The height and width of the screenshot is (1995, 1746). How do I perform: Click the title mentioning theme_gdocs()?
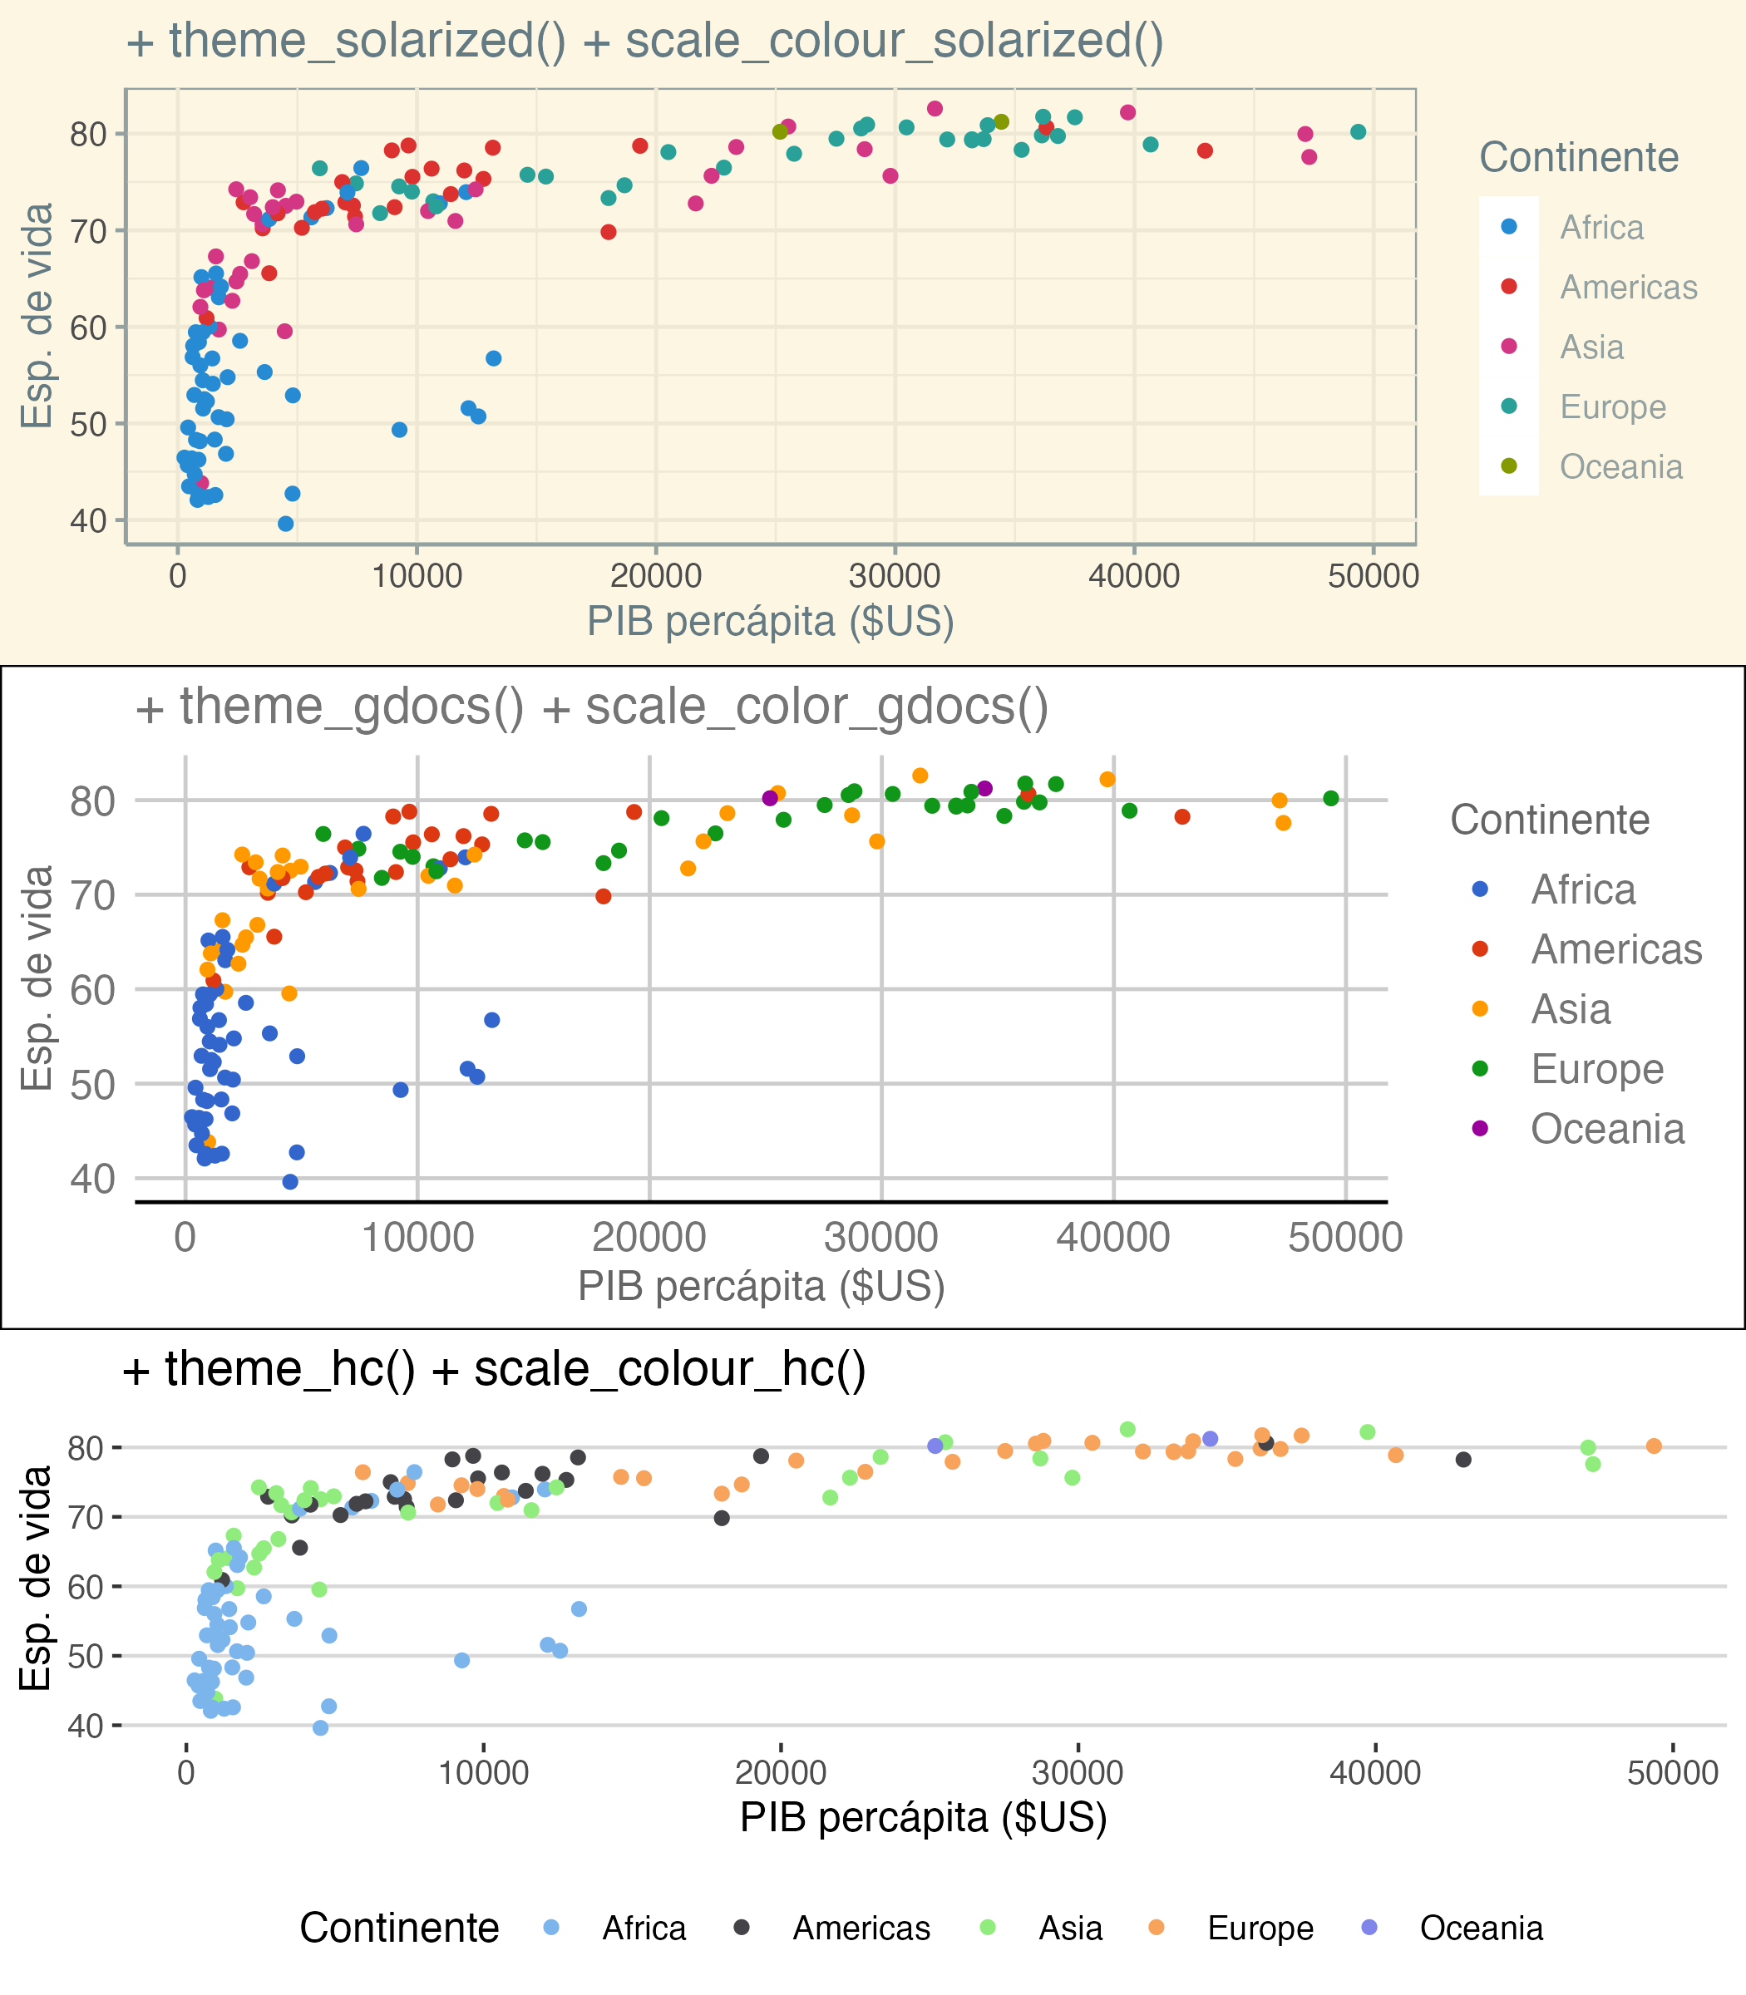click(x=590, y=707)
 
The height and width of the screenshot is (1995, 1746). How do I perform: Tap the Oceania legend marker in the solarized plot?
click(x=1509, y=466)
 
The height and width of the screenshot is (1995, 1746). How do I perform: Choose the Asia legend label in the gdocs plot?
click(x=1571, y=1009)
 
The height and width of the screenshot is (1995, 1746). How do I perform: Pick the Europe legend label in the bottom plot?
click(x=1260, y=1928)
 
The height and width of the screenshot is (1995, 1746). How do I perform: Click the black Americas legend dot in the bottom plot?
click(x=742, y=1927)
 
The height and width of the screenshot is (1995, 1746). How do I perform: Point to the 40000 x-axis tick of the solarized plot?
click(x=1133, y=576)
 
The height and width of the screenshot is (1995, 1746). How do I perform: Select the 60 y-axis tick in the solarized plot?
click(x=87, y=328)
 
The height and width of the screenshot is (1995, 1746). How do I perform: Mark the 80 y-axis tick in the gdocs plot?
click(x=92, y=800)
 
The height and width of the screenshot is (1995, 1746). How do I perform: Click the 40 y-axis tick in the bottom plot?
click(x=86, y=1725)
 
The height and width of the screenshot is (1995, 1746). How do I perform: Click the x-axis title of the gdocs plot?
click(x=761, y=1286)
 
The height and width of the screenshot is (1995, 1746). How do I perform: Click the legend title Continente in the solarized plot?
click(x=1578, y=158)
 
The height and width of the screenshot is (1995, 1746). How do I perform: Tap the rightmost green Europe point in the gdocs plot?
click(x=1331, y=799)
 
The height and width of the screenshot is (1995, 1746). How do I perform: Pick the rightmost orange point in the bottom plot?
click(x=1654, y=1446)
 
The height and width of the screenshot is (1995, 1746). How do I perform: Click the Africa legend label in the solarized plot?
click(x=1602, y=228)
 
